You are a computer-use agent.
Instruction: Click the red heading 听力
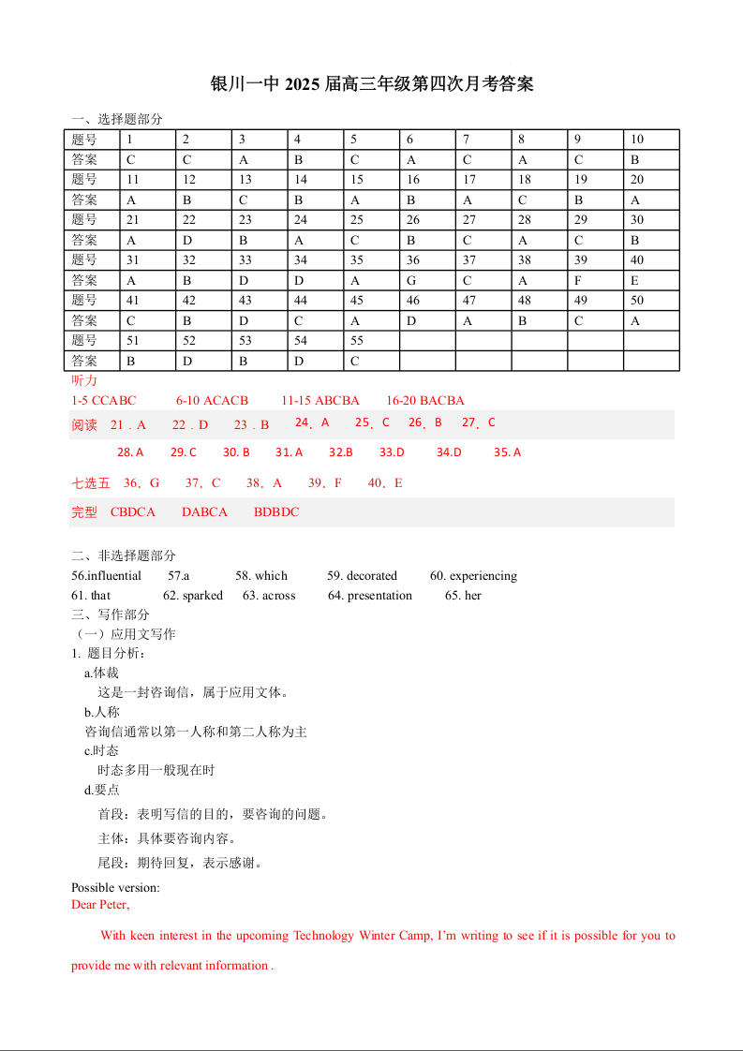click(84, 381)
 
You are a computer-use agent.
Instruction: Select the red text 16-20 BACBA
click(425, 401)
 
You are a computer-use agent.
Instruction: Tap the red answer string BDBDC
click(276, 512)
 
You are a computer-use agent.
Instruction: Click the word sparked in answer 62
click(202, 596)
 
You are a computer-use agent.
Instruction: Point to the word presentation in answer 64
click(379, 596)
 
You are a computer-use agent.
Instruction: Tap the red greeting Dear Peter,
click(100, 905)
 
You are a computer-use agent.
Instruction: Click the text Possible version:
click(115, 887)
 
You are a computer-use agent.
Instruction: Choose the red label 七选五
click(91, 483)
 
